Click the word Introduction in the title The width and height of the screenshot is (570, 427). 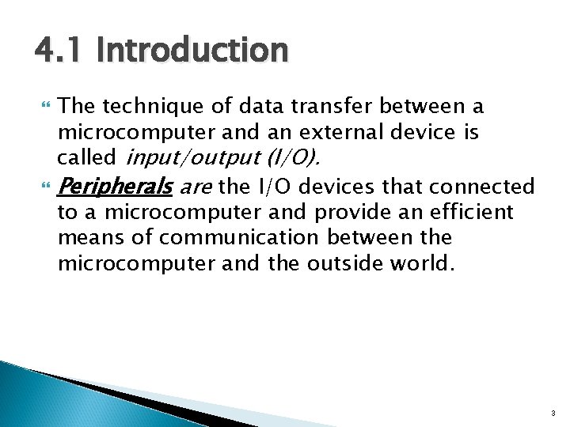192,51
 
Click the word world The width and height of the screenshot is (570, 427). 425,263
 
